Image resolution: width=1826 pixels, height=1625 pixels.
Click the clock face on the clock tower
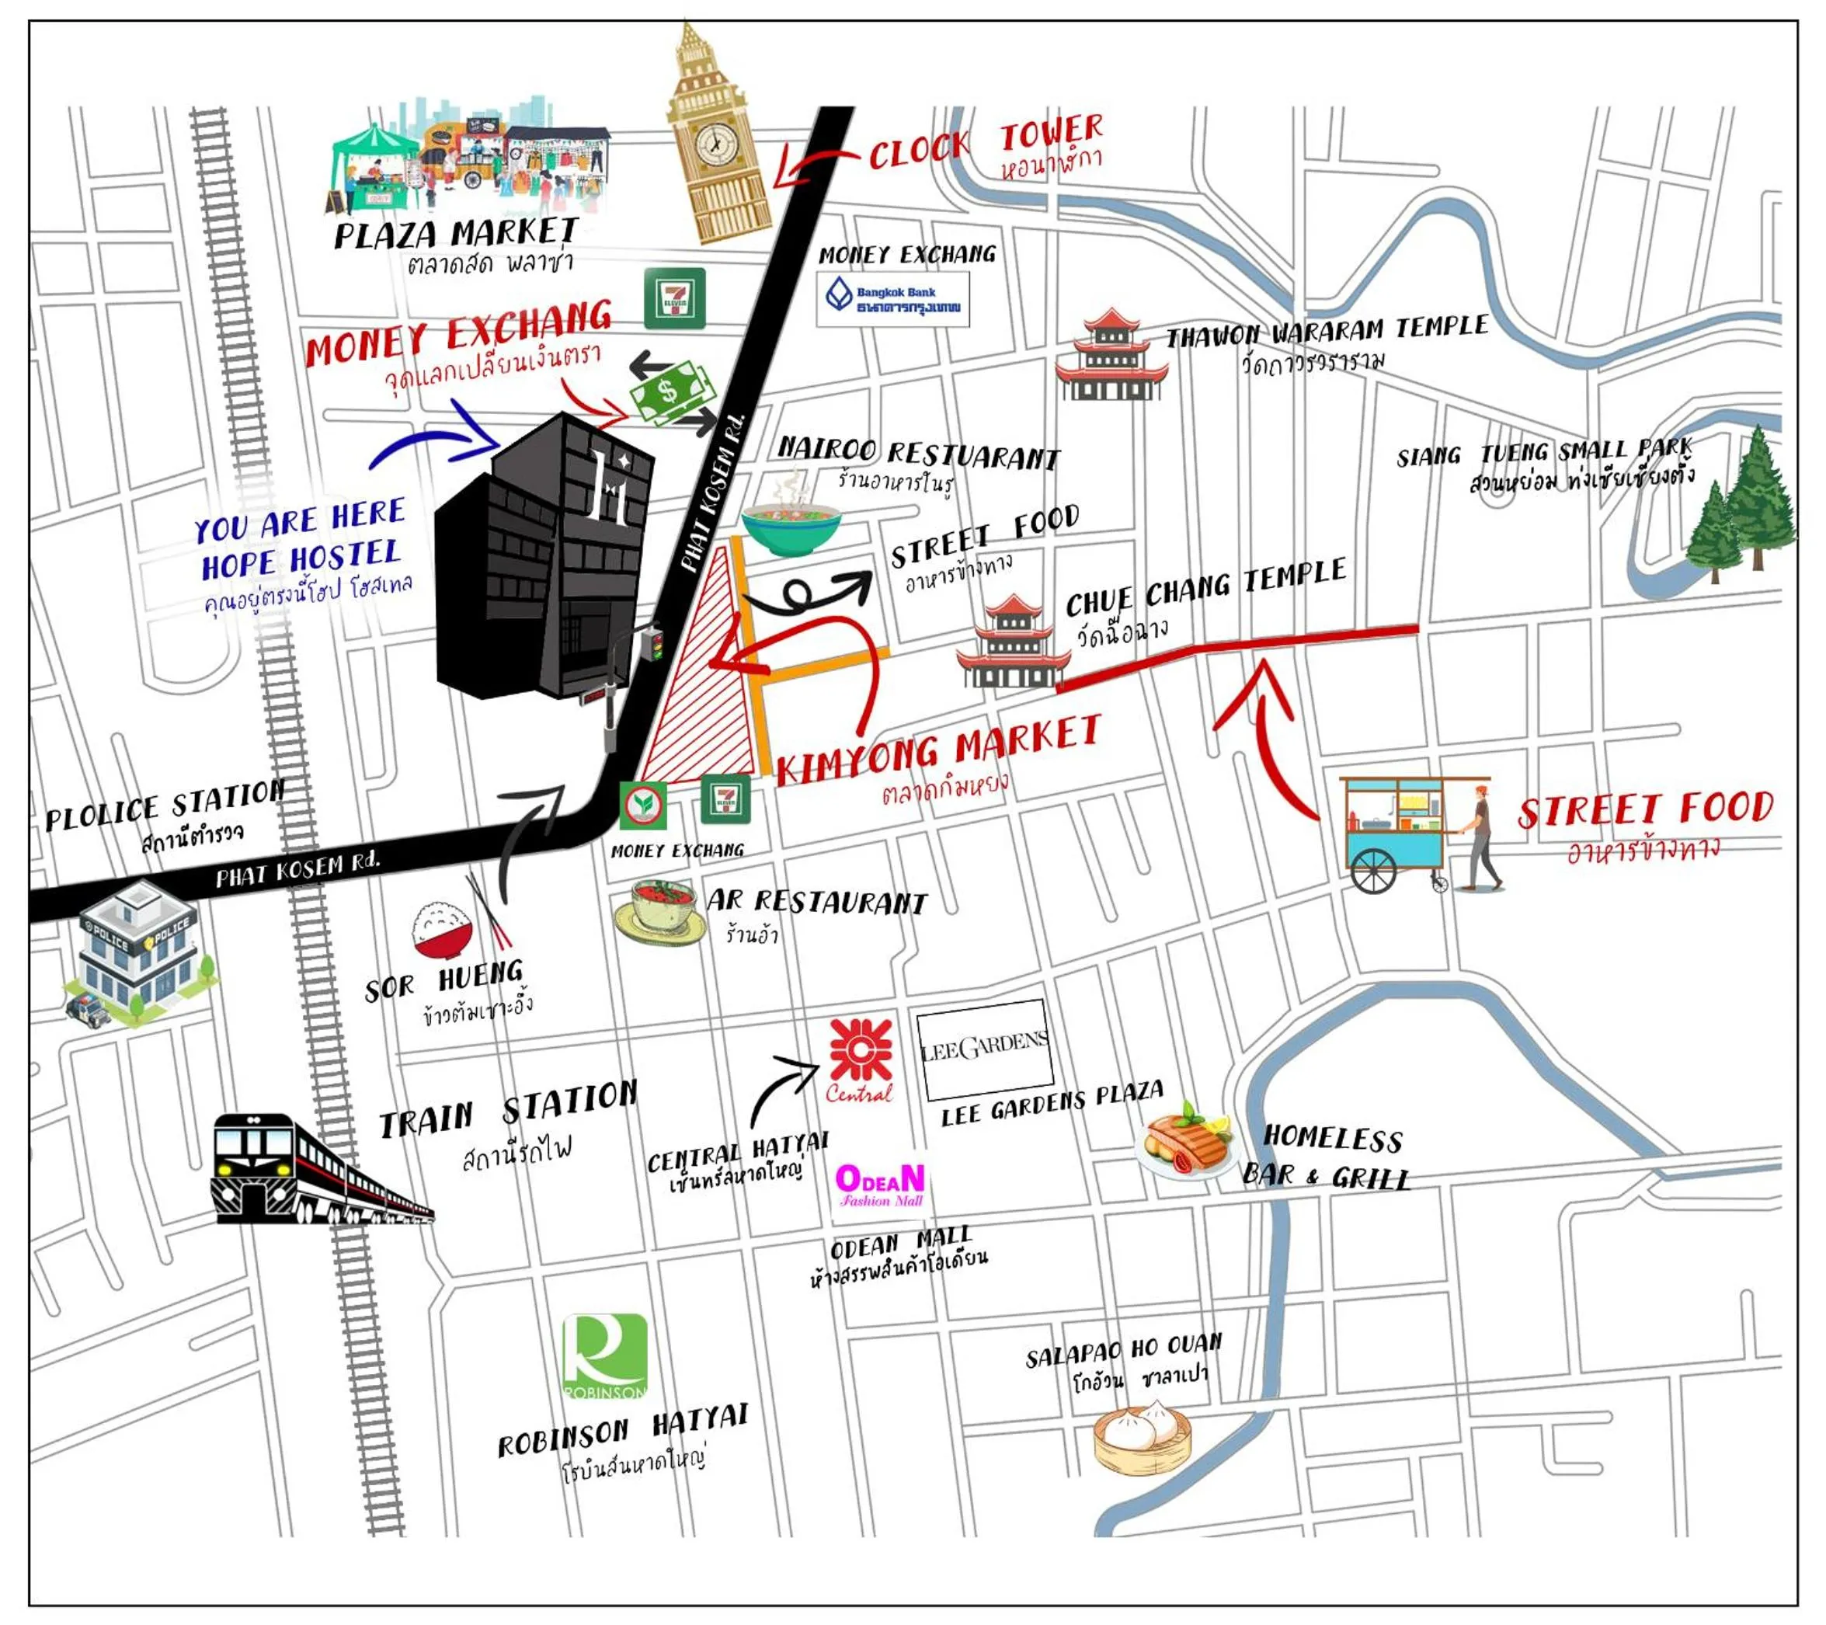(715, 142)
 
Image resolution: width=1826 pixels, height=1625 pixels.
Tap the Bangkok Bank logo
(892, 299)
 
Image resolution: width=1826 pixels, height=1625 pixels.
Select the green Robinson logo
(605, 1356)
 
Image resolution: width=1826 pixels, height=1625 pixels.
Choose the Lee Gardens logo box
(985, 1049)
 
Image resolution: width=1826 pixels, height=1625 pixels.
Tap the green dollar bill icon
(672, 391)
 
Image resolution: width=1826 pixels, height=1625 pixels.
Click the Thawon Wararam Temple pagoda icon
(1111, 356)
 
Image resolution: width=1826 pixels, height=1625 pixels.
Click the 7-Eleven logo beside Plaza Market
(674, 298)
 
